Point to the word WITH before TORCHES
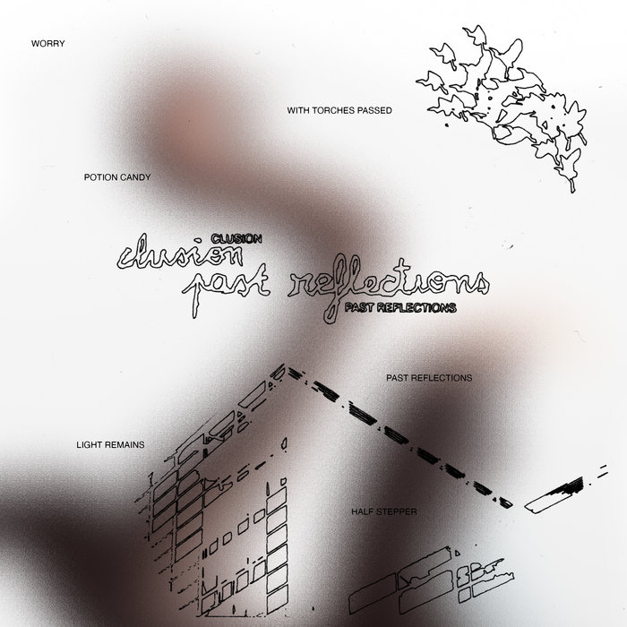point(299,112)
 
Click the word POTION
point(99,177)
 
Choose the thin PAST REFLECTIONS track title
point(428,378)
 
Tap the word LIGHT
point(91,443)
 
